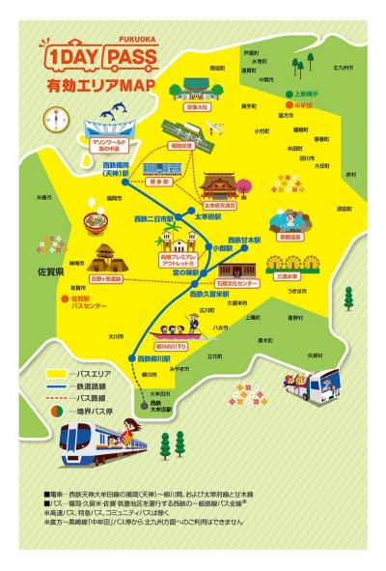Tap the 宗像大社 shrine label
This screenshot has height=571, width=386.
coord(196,107)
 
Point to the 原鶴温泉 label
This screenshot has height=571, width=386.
coord(289,236)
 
